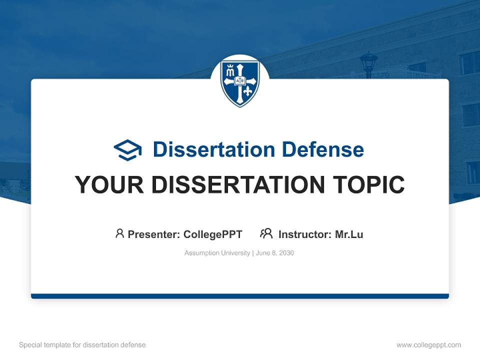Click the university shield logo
240,82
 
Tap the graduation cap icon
127,150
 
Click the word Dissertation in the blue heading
213,149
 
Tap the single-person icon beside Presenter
119,233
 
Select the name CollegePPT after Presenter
213,234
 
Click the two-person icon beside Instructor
266,233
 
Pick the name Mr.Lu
349,234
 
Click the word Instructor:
305,234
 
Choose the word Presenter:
154,234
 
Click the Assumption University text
217,253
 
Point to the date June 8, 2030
275,253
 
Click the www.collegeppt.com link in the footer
428,345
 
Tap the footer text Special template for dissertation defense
82,345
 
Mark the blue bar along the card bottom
240,296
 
